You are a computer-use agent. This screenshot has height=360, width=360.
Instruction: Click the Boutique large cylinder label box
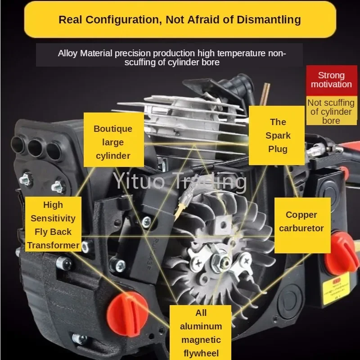[x=113, y=142]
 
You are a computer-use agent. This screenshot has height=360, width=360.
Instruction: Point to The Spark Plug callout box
[x=278, y=135]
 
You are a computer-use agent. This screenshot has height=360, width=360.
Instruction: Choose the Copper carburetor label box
[x=301, y=221]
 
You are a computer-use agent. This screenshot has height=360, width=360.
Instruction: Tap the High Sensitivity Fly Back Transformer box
[x=53, y=225]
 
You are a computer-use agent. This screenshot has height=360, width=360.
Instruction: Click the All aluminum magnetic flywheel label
[x=201, y=333]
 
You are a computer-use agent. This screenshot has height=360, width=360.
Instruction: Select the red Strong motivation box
[x=331, y=80]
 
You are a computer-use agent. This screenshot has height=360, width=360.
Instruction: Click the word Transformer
[x=53, y=245]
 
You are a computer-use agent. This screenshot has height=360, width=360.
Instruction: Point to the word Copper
[x=301, y=215]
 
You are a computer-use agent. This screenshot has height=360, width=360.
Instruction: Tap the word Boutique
[x=113, y=129]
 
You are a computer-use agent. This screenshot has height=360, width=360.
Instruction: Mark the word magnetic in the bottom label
[x=201, y=339]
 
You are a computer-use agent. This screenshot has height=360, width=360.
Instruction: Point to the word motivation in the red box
[x=331, y=84]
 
